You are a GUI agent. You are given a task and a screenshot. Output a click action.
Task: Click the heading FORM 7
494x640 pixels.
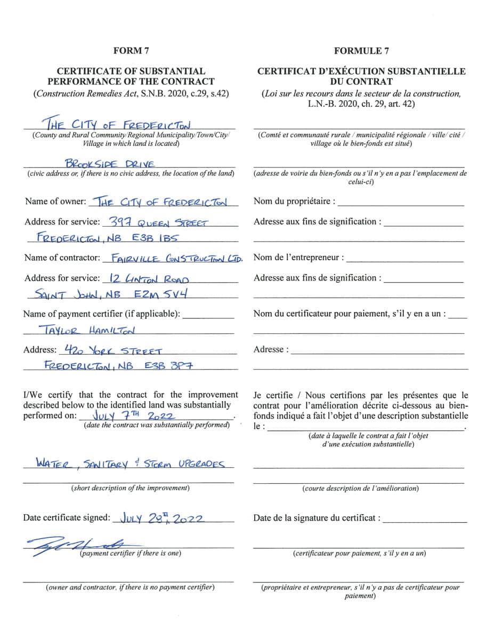131,51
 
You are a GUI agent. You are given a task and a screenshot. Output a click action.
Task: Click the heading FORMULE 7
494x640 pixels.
361,51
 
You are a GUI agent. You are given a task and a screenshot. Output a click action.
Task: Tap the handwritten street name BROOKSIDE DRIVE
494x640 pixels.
109,164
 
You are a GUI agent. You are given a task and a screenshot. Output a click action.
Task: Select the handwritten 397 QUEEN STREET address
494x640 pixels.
158,222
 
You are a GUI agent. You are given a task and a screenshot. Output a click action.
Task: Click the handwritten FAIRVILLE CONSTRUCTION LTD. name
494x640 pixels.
174,259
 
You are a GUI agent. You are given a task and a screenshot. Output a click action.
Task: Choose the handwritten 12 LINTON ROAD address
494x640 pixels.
149,278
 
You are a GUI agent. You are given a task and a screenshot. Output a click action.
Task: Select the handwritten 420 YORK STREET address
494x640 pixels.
112,350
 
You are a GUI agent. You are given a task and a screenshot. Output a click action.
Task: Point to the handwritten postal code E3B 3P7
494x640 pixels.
167,366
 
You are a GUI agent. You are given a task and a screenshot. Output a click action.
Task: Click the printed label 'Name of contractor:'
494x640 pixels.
62,258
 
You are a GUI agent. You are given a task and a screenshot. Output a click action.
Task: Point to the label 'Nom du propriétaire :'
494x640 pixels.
294,201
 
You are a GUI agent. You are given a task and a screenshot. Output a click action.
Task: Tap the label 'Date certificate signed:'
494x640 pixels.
67,517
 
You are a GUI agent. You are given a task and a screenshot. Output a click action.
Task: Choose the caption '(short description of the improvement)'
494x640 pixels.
130,488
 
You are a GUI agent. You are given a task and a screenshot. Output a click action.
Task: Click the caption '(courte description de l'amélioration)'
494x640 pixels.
360,489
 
